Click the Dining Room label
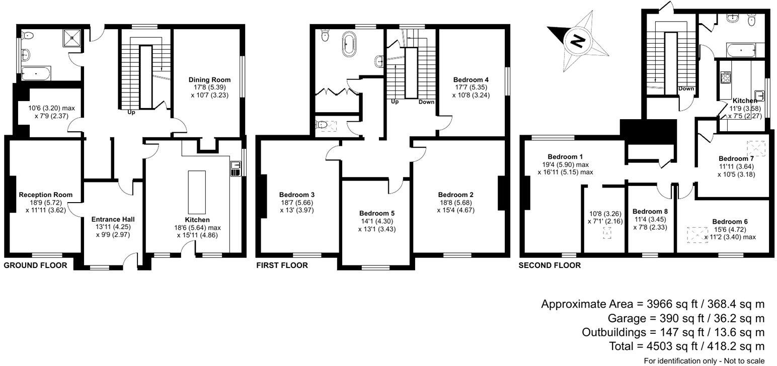(x=209, y=79)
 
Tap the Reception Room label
(x=45, y=195)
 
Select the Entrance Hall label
(x=113, y=219)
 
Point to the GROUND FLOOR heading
(x=35, y=265)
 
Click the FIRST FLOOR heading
(x=282, y=265)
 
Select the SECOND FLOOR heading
(x=550, y=265)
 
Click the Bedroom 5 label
(x=377, y=213)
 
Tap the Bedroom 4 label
(x=471, y=79)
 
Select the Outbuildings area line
(x=673, y=332)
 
